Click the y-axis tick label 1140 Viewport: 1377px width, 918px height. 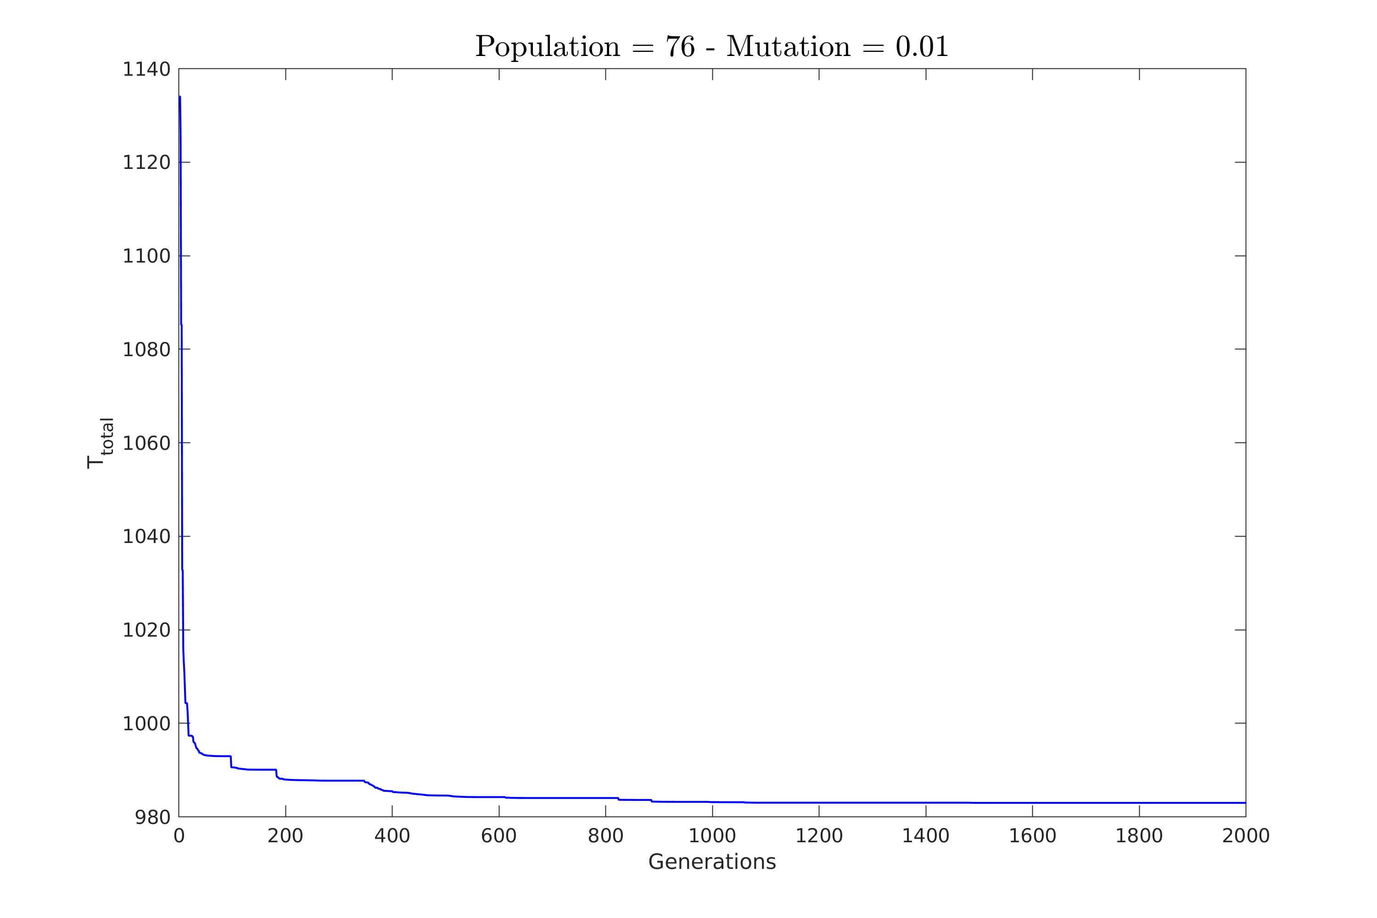coord(146,70)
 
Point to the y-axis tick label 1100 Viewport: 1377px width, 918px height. coord(146,257)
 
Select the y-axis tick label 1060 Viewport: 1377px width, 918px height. coord(146,443)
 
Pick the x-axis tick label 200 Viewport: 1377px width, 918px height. coord(285,836)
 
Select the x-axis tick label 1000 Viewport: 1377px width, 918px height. coord(712,836)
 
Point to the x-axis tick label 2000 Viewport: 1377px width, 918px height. coord(1245,836)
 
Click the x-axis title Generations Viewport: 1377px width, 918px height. coord(712,862)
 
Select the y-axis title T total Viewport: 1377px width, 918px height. coord(99,443)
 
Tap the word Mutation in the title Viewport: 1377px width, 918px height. coord(788,47)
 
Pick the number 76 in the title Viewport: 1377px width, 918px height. coord(680,47)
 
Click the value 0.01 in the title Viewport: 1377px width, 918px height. coord(922,47)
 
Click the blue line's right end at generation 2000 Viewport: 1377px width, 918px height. coord(1245,803)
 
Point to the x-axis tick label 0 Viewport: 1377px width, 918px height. coord(179,836)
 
